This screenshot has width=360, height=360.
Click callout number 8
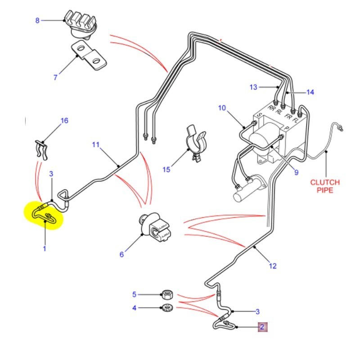point(37,20)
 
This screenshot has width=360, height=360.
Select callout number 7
point(55,77)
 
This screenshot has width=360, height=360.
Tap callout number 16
point(64,121)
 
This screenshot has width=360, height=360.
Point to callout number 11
point(95,144)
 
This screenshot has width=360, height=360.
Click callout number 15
point(166,169)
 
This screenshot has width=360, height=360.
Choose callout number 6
point(121,254)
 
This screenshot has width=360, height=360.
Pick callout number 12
point(273,266)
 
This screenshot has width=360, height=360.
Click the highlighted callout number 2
point(262,327)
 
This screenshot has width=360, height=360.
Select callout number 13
point(253,86)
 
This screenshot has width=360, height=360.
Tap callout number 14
point(310,92)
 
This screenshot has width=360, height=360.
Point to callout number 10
point(221,108)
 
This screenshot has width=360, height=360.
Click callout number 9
point(296,171)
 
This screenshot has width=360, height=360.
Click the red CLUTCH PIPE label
point(324,187)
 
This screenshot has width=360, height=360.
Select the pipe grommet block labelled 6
point(155,227)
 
